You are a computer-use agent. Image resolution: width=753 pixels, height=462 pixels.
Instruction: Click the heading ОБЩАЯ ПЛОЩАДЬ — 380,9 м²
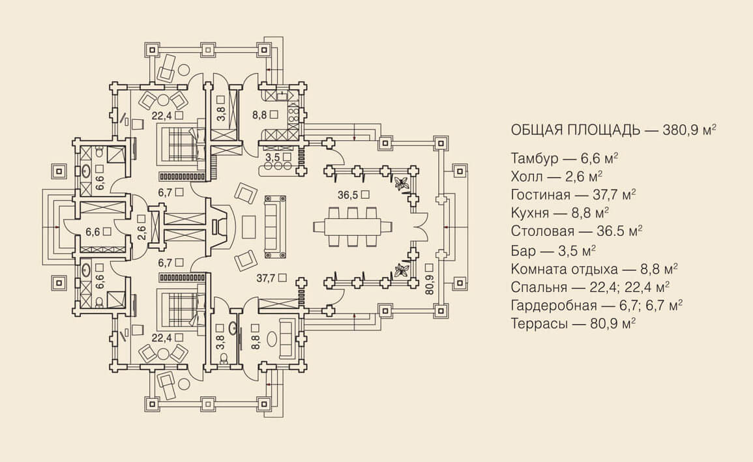(613, 129)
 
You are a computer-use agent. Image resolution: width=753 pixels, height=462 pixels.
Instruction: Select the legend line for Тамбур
(565, 158)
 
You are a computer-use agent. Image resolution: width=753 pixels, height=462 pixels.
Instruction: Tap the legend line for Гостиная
(573, 194)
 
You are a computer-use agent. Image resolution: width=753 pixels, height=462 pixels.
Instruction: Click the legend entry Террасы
(573, 322)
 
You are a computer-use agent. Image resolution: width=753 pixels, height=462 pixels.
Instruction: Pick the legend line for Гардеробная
(597, 304)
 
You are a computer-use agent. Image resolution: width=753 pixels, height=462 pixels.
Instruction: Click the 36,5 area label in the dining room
(353, 194)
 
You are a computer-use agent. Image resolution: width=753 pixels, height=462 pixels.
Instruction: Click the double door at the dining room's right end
(421, 226)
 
